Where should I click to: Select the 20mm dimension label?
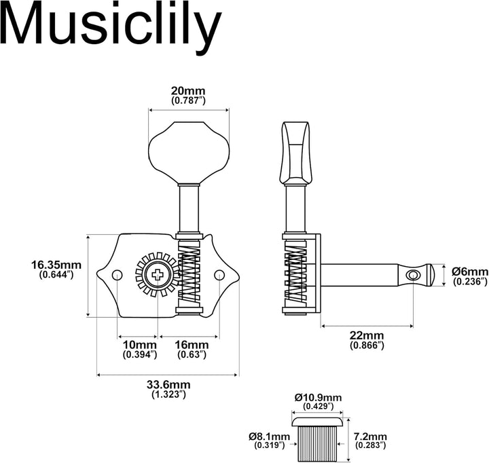pos(188,91)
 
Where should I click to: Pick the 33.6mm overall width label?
pos(169,384)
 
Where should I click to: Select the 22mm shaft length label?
pos(367,335)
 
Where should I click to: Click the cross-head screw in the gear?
pos(158,275)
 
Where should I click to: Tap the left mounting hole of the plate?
pos(117,275)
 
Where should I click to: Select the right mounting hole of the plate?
pos(220,275)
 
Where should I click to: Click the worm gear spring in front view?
pos(189,275)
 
